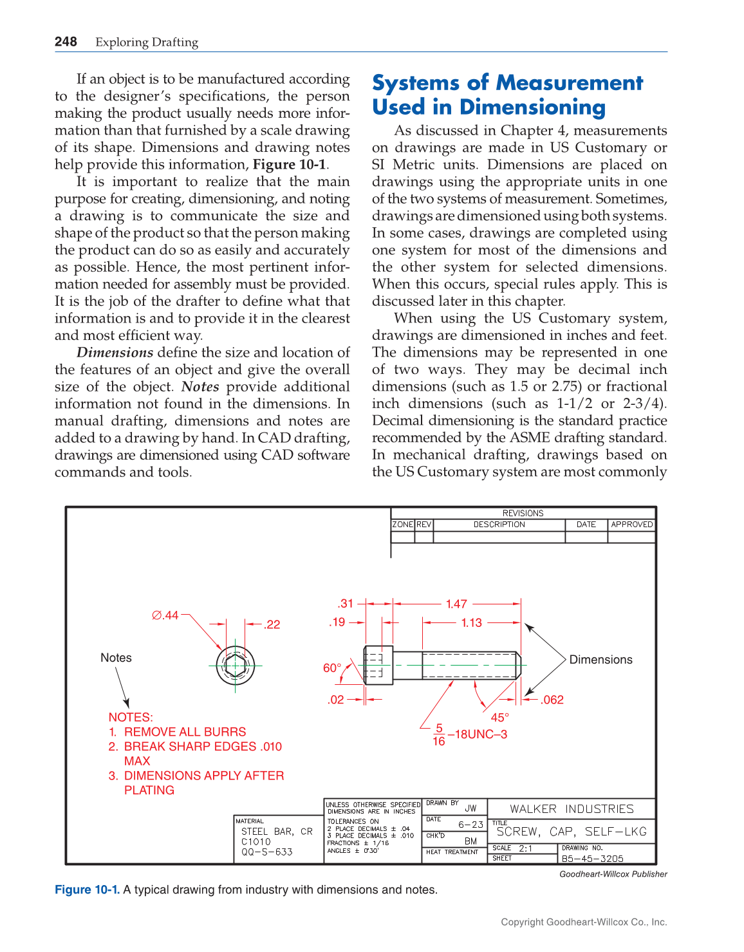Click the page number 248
[66, 42]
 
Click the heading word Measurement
[569, 83]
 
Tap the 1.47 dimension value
[456, 604]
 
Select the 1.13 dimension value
[471, 622]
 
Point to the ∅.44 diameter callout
[165, 615]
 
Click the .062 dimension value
[552, 700]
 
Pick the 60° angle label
[332, 668]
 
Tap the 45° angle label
[499, 717]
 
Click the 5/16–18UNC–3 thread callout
[470, 734]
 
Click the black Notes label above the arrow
[116, 658]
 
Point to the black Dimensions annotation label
[600, 660]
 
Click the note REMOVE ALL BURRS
[185, 732]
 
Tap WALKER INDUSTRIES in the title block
[572, 809]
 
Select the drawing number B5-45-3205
[592, 859]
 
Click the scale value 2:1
[526, 848]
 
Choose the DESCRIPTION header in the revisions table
[499, 525]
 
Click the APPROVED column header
[631, 525]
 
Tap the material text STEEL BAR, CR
[277, 832]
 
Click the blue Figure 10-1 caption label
[87, 890]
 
